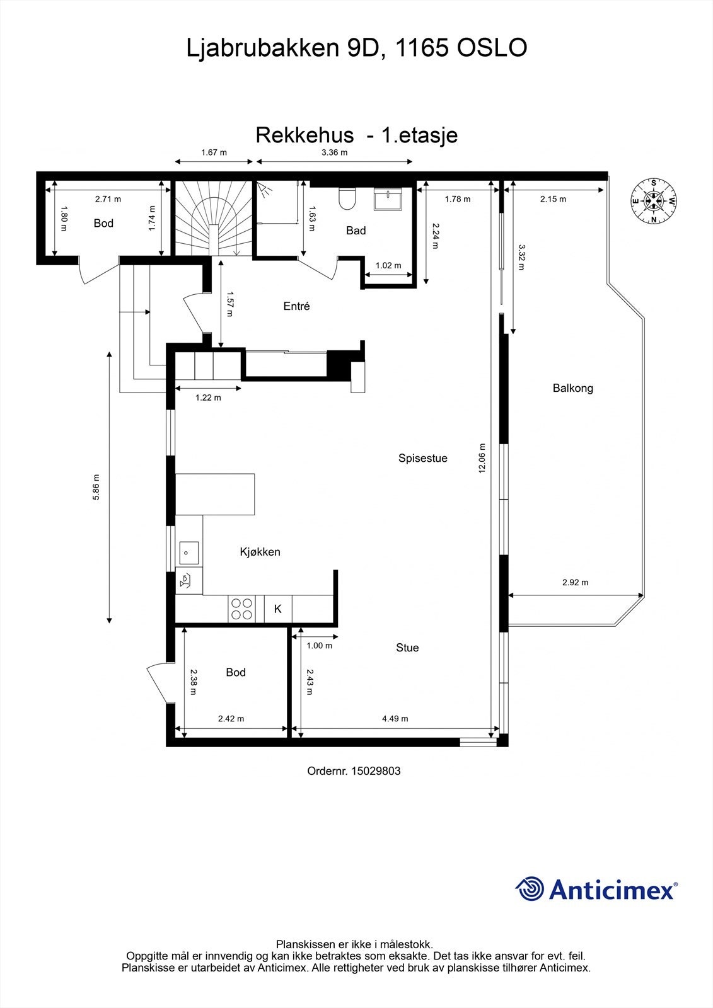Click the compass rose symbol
(654, 202)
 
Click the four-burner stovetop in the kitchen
(242, 609)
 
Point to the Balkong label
(572, 388)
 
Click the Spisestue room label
(422, 458)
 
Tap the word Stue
(407, 648)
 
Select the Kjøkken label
(260, 552)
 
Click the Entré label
(296, 306)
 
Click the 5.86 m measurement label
(96, 487)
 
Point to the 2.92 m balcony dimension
(575, 582)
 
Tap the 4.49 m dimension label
(395, 718)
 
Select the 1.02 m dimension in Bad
(388, 265)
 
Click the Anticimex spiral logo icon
(530, 890)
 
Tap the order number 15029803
(376, 770)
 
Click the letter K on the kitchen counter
(277, 609)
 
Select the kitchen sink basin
(188, 553)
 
